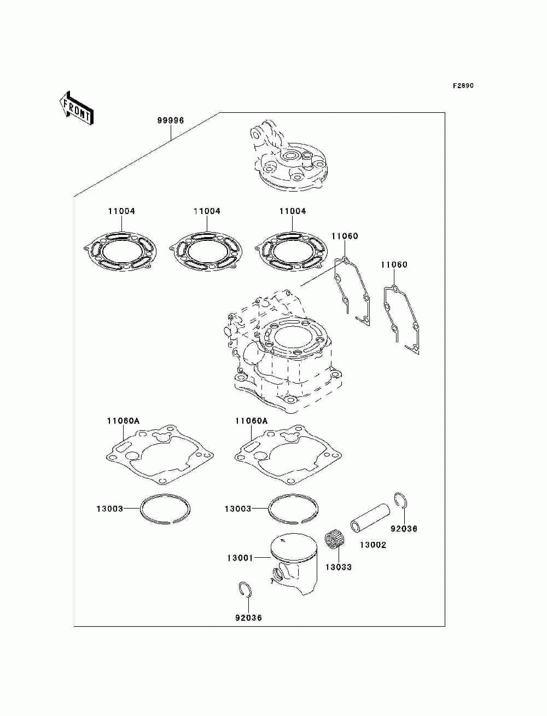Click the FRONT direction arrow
pyautogui.click(x=76, y=108)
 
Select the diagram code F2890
pyautogui.click(x=463, y=86)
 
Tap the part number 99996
pyautogui.click(x=171, y=120)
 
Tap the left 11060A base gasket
pyautogui.click(x=158, y=454)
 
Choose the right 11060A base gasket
pyautogui.click(x=287, y=454)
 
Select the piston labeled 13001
pyautogui.click(x=294, y=564)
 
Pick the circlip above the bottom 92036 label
pyautogui.click(x=246, y=590)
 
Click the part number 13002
pyautogui.click(x=373, y=545)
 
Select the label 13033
pyautogui.click(x=338, y=567)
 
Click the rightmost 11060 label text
pyautogui.click(x=394, y=265)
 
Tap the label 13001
pyautogui.click(x=240, y=558)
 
